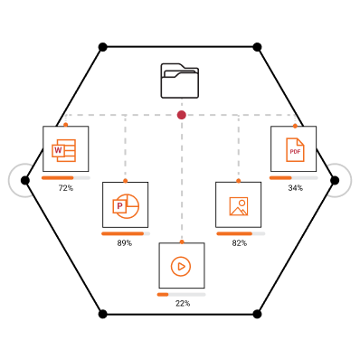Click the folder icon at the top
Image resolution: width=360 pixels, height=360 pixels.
(x=180, y=81)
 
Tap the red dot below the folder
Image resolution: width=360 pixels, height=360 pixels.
(x=182, y=115)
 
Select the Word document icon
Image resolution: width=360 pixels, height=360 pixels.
(x=63, y=150)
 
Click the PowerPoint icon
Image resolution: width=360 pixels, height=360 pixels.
(x=126, y=206)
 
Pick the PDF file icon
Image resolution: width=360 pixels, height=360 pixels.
(x=295, y=150)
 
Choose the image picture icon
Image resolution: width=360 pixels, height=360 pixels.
(x=239, y=206)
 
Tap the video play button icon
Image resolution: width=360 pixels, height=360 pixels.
(x=181, y=266)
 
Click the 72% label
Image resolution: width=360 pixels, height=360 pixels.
(x=66, y=188)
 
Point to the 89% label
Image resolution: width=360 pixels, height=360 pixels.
(x=125, y=243)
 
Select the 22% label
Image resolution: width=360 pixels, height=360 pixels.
(x=183, y=303)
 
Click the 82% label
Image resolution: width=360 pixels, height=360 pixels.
(x=240, y=243)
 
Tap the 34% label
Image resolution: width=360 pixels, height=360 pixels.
(x=296, y=188)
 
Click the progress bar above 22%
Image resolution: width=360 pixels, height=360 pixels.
(x=182, y=295)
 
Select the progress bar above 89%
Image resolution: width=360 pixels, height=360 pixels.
(x=126, y=233)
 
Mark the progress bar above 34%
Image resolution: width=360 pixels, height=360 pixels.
(x=294, y=178)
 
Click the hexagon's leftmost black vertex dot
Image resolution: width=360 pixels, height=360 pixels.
(x=25, y=181)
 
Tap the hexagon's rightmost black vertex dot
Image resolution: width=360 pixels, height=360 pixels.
(x=335, y=181)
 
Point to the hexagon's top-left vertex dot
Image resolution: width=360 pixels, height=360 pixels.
(x=103, y=47)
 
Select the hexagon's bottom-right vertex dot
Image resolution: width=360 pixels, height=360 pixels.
(x=257, y=314)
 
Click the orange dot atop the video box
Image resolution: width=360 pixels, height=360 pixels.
(x=182, y=242)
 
